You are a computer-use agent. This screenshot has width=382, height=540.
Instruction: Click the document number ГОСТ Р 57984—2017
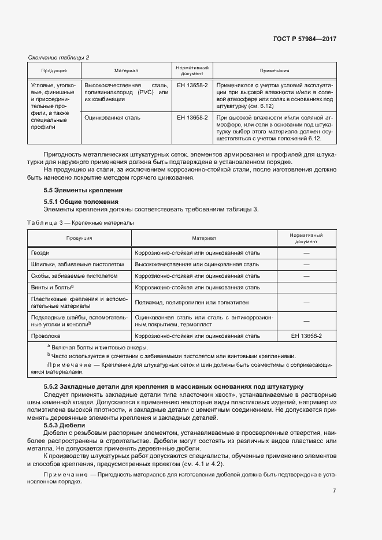click(305, 39)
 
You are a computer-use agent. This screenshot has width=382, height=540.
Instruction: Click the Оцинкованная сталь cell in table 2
click(112, 117)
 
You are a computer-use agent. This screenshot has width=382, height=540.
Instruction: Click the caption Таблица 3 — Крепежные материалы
click(80, 222)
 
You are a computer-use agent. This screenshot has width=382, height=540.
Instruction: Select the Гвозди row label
click(40, 253)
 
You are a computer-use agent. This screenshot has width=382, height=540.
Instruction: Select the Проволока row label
click(45, 336)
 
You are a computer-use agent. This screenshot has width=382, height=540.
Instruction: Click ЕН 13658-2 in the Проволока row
click(306, 336)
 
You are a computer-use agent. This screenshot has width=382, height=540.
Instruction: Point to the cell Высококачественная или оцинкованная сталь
click(196, 265)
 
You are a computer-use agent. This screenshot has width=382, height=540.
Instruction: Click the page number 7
click(334, 491)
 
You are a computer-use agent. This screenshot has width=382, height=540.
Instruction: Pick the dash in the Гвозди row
click(306, 253)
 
